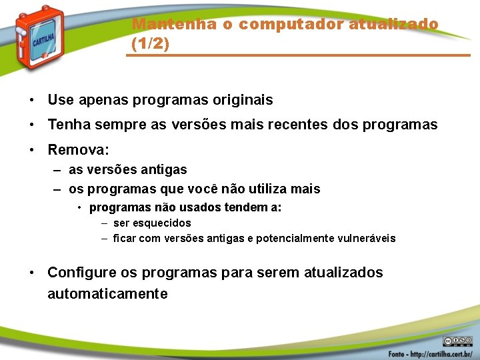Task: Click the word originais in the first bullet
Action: click(242, 100)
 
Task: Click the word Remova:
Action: click(78, 149)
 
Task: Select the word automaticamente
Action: click(107, 294)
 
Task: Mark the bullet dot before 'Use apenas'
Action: click(31, 101)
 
